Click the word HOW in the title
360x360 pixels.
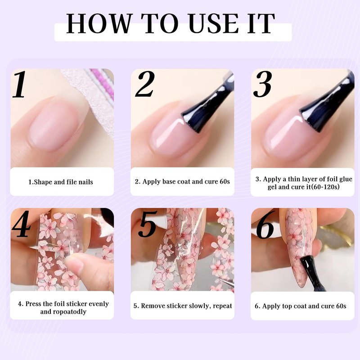[99, 23]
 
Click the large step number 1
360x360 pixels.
[19, 84]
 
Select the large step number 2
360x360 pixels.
[145, 84]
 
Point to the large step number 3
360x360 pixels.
[263, 84]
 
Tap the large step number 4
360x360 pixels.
[21, 224]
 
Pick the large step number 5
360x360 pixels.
[148, 224]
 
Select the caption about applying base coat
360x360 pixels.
[182, 182]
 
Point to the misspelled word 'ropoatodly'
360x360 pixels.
[70, 312]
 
